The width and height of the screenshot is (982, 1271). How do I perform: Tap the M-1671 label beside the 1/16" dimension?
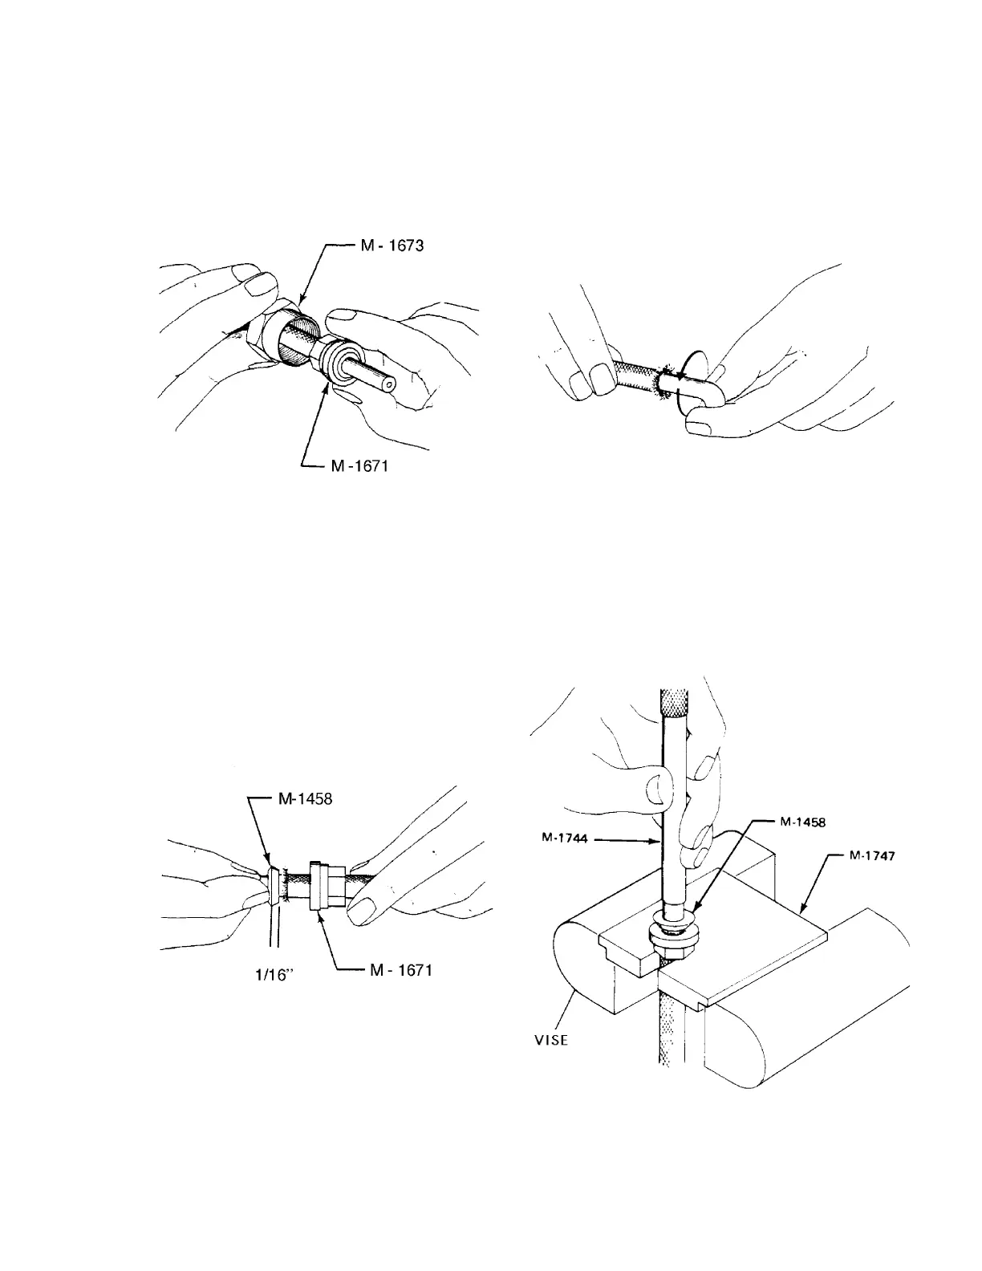coord(398,970)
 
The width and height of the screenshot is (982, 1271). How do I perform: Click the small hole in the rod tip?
coord(389,384)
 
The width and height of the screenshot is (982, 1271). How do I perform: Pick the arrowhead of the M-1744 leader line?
coord(659,841)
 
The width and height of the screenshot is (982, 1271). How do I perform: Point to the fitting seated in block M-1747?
coord(672,934)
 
